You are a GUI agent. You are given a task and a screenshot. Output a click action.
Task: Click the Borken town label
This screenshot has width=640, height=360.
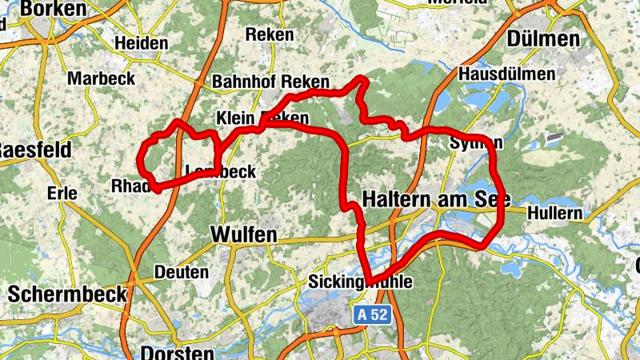[54, 9]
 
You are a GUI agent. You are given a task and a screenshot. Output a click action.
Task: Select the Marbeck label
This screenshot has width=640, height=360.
[101, 79]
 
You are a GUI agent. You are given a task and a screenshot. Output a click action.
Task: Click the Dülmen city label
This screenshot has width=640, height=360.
[542, 39]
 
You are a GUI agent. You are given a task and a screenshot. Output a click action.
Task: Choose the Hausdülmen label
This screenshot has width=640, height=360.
[507, 74]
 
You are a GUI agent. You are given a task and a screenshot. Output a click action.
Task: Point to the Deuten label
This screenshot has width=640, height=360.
[181, 272]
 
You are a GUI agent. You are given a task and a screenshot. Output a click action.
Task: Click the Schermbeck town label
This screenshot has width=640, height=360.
[67, 294]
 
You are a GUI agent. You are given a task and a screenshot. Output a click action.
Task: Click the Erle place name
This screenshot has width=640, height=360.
[62, 193]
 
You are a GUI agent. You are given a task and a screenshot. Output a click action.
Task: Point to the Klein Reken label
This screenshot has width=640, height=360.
[262, 117]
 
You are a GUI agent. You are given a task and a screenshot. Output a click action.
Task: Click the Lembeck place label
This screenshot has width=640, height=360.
[220, 172]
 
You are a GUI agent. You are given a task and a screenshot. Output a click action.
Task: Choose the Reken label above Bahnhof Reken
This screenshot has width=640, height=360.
[269, 35]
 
